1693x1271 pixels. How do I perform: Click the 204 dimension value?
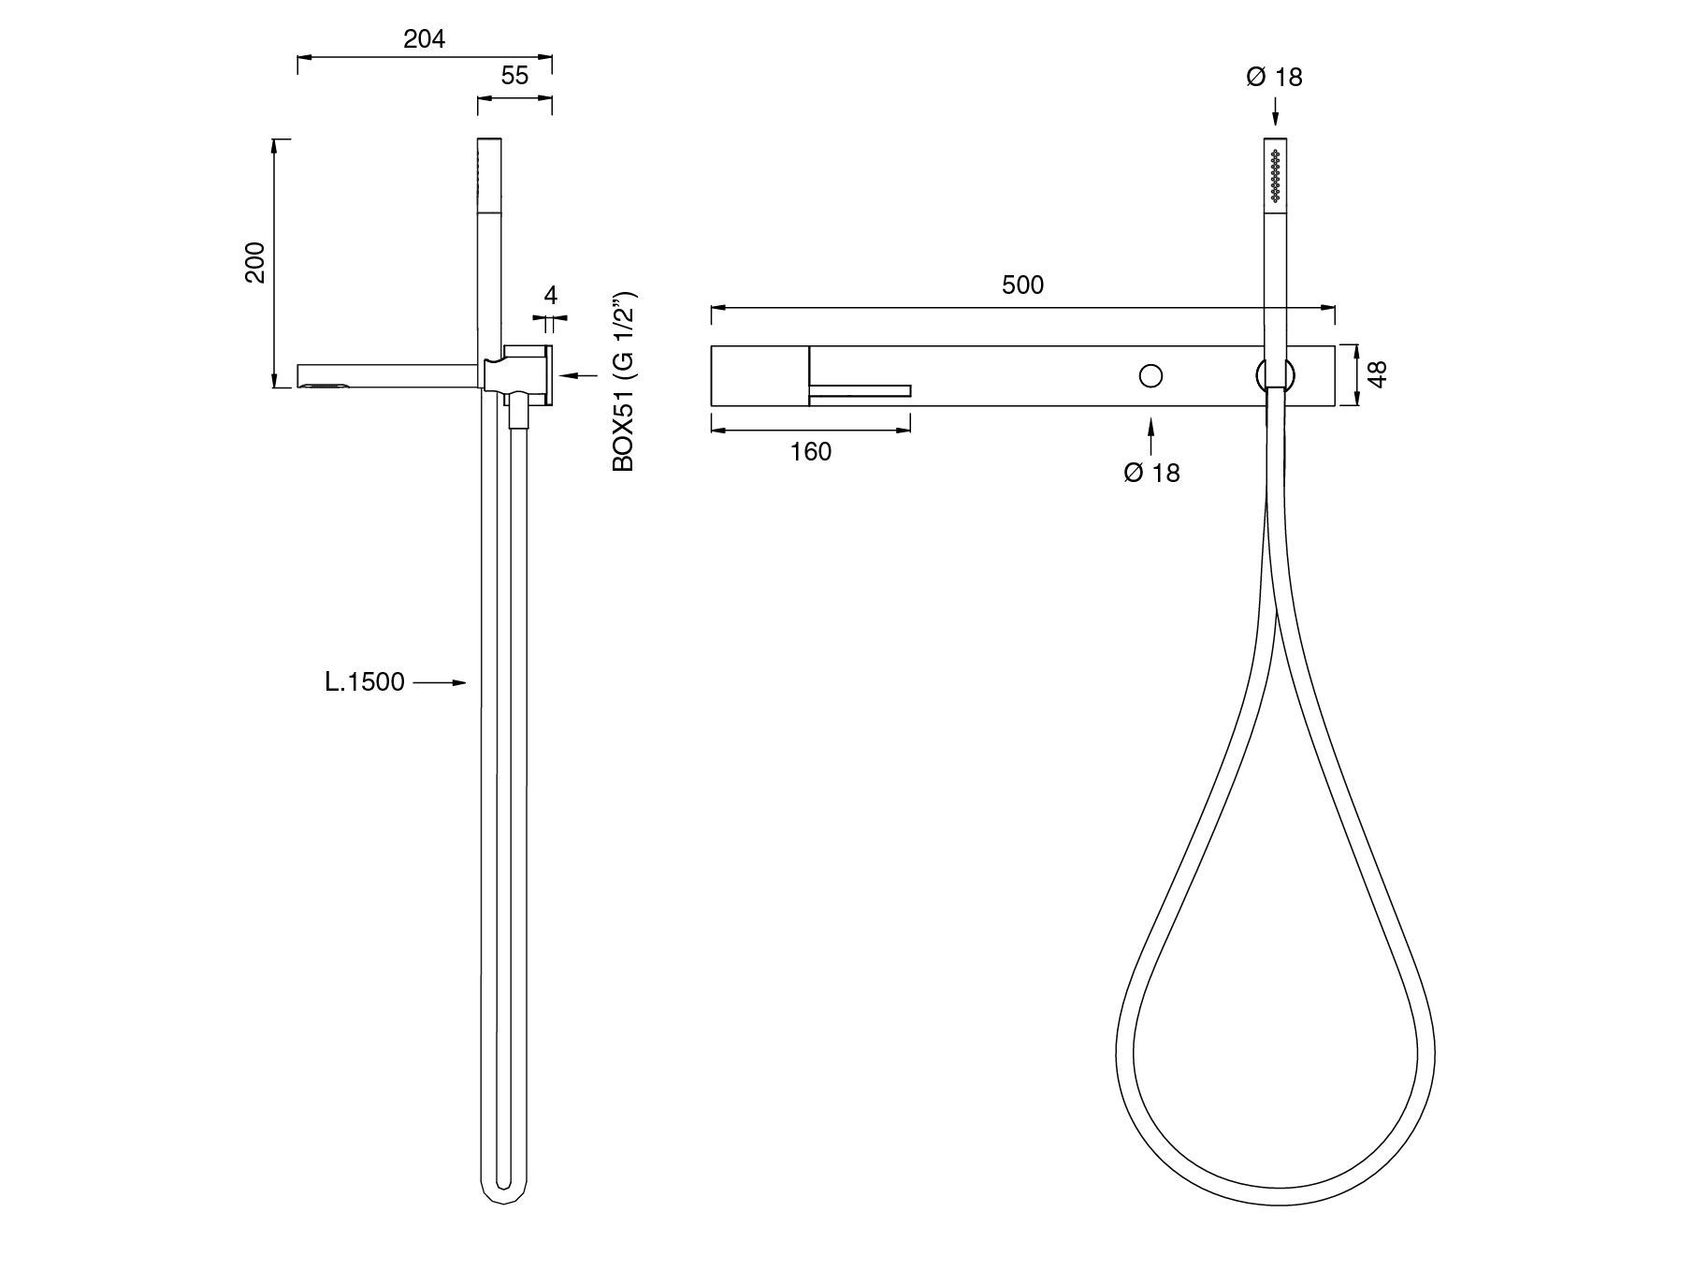(424, 39)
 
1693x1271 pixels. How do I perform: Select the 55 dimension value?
(514, 76)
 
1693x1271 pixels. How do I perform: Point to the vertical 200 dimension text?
(255, 263)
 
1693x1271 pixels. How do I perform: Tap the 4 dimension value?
(550, 296)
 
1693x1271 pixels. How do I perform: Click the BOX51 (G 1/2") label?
(624, 384)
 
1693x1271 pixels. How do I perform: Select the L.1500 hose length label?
(365, 682)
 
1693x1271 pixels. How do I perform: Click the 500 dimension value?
(1022, 285)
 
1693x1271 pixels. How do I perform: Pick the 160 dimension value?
(810, 452)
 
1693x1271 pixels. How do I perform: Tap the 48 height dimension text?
(1377, 373)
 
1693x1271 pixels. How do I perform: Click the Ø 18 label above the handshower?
(1274, 77)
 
